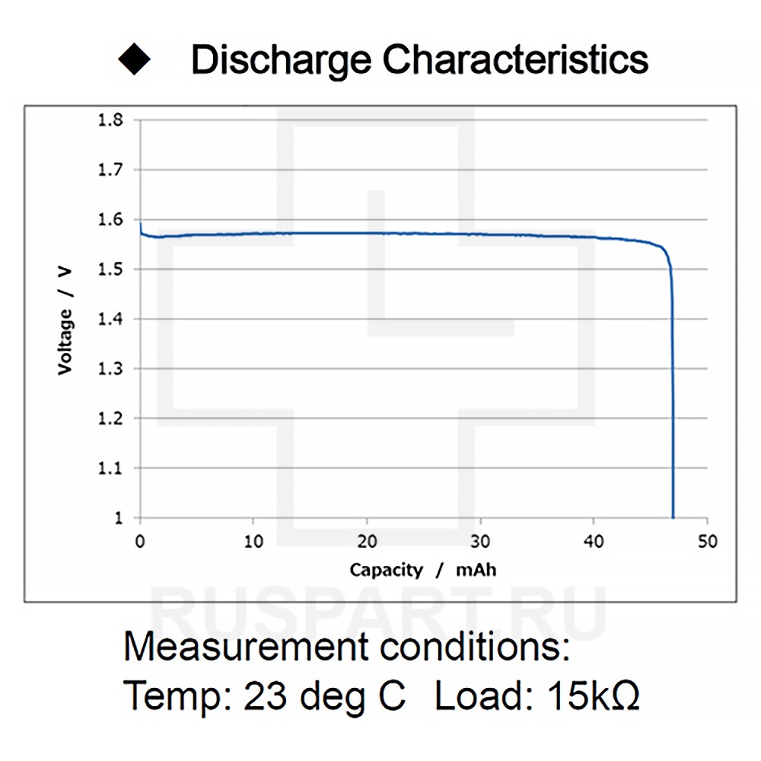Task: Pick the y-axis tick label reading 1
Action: [x=117, y=517]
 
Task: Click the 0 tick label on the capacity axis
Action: [x=140, y=542]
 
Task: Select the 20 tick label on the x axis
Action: [x=367, y=542]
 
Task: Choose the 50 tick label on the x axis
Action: [x=707, y=542]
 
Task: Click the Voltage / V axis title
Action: [x=65, y=319]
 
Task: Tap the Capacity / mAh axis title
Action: [x=422, y=570]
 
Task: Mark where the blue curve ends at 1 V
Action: [x=673, y=517]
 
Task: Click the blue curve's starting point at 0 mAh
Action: [x=140, y=224]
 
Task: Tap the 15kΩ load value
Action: [x=591, y=695]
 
